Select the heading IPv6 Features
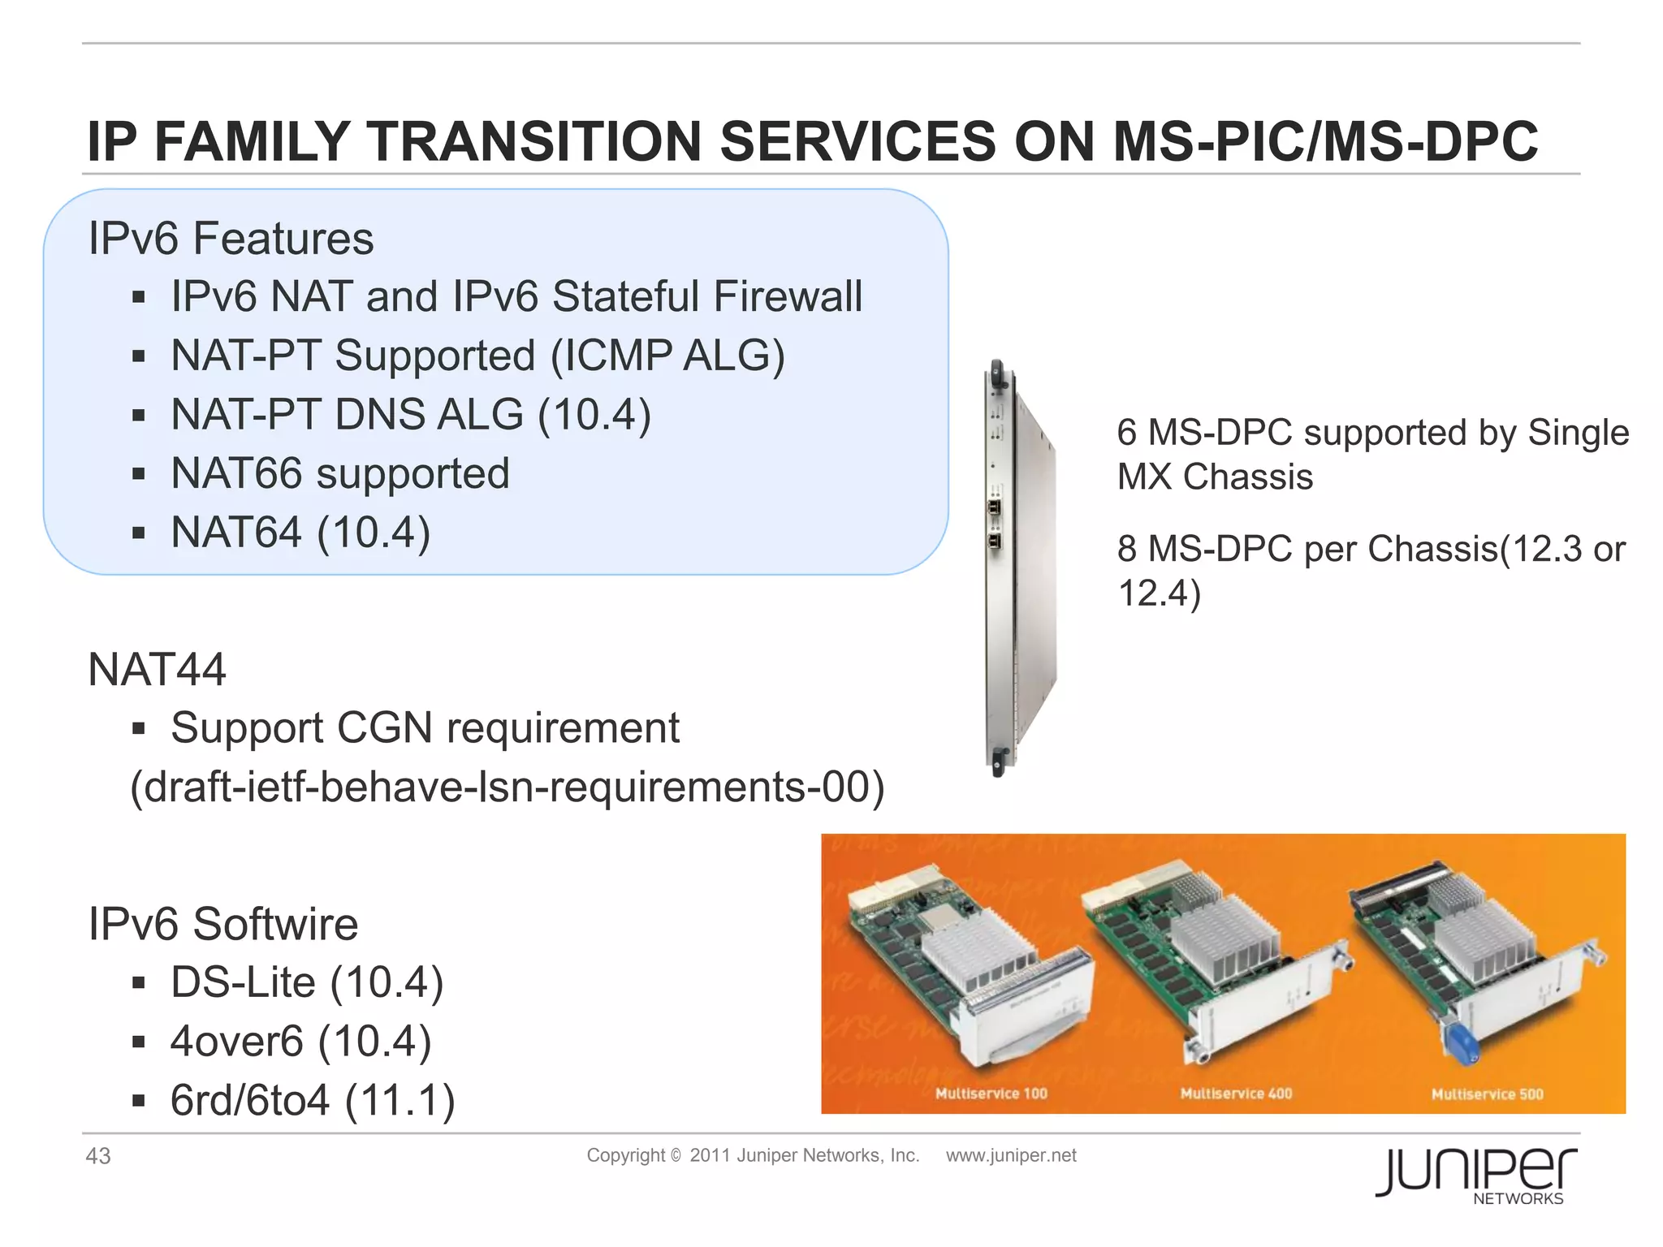click(x=231, y=239)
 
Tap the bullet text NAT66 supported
click(x=339, y=473)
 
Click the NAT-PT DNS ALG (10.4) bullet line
click(x=411, y=414)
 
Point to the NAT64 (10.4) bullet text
click(x=300, y=533)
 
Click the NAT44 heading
click(x=157, y=670)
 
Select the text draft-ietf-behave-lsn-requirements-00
click(x=508, y=787)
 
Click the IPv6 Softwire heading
click(x=222, y=924)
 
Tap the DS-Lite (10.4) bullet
click(x=307, y=982)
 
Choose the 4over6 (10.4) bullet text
click(x=300, y=1042)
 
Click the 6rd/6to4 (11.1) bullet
click(x=313, y=1100)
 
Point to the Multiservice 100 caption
click(x=991, y=1094)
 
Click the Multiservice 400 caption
click(x=1236, y=1094)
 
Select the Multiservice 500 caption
click(x=1487, y=1094)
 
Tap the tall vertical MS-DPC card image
click(x=1019, y=568)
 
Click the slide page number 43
click(x=98, y=1156)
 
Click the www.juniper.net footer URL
click(x=1011, y=1155)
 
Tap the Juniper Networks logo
click(x=1476, y=1175)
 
